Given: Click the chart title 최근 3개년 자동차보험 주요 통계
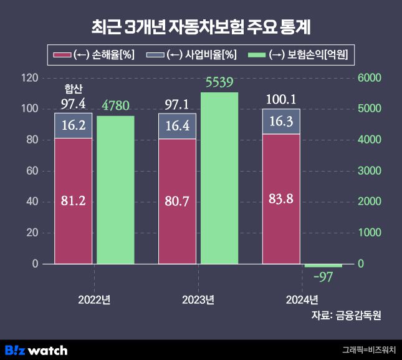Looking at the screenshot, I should (x=201, y=27).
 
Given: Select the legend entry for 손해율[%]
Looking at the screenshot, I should (x=95, y=55).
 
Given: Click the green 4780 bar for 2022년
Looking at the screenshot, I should (x=115, y=190).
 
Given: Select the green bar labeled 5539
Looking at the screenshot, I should (x=219, y=178).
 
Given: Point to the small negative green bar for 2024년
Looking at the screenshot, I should (x=323, y=265).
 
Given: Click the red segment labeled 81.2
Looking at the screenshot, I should (x=73, y=201).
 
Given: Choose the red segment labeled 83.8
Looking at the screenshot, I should (x=280, y=199).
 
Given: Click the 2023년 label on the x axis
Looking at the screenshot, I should (x=198, y=299).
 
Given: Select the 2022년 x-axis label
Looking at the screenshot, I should (x=94, y=299).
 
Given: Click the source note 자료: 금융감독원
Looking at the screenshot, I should (x=346, y=315).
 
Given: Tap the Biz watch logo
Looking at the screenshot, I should (x=36, y=350).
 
